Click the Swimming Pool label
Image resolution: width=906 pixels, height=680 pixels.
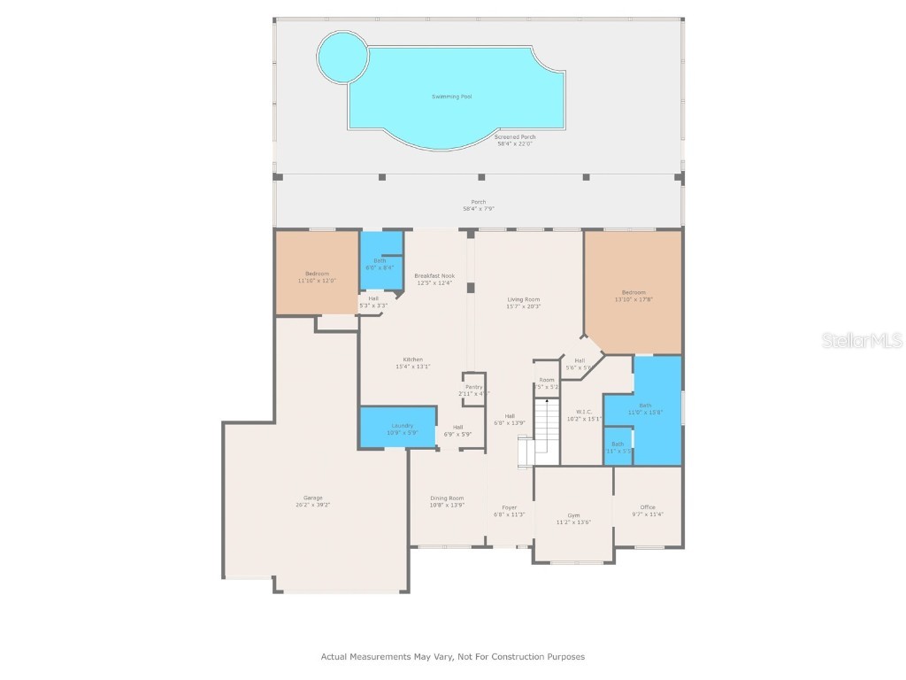tap(451, 97)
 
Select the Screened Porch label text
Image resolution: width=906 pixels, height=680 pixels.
tap(514, 137)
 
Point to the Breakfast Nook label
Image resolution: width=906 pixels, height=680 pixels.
tap(434, 276)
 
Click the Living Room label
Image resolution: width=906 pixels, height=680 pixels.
tap(523, 300)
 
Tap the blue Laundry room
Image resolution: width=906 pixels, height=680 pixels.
tap(398, 429)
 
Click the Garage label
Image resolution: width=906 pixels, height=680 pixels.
tap(313, 498)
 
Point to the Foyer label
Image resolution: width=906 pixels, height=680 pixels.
tap(509, 508)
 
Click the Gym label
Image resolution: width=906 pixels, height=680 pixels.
tap(573, 515)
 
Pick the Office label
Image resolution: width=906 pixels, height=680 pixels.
tap(648, 507)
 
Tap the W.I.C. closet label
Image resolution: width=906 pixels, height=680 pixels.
tap(583, 412)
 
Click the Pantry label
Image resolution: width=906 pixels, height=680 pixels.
tap(474, 387)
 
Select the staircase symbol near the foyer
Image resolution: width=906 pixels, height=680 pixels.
tap(546, 430)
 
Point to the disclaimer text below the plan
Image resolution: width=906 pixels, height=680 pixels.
tap(452, 657)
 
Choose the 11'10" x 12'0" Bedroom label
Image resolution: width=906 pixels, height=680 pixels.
tap(317, 274)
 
